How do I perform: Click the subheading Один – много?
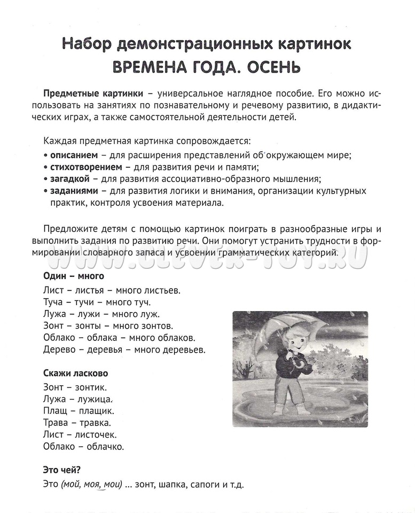pos(73,276)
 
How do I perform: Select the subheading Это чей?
pos(61,470)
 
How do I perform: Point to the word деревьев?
pos(183,350)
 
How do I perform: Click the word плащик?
pos(93,410)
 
